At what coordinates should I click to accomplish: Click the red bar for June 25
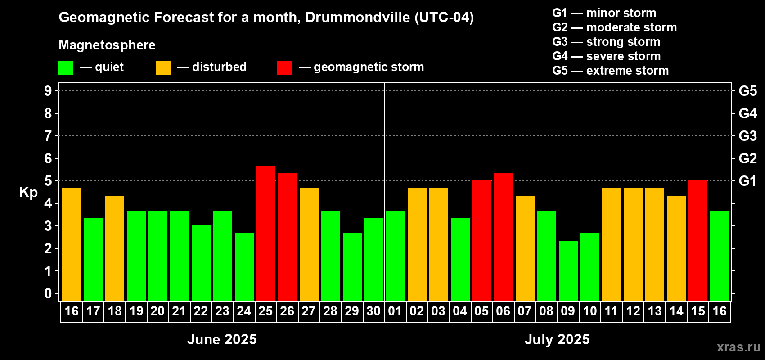pyautogui.click(x=265, y=233)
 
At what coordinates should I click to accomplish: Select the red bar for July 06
pyautogui.click(x=503, y=237)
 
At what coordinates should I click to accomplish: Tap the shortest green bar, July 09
pyautogui.click(x=568, y=270)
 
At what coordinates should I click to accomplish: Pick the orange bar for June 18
pyautogui.click(x=114, y=248)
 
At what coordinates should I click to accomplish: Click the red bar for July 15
pyautogui.click(x=697, y=240)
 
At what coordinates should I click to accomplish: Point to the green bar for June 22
pyautogui.click(x=201, y=263)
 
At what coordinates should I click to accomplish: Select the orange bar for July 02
pyautogui.click(x=417, y=244)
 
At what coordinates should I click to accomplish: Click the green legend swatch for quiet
pyautogui.click(x=66, y=68)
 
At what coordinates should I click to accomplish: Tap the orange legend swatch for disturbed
pyautogui.click(x=163, y=68)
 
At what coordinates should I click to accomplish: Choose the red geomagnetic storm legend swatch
pyautogui.click(x=284, y=68)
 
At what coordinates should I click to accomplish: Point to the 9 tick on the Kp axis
pyautogui.click(x=48, y=91)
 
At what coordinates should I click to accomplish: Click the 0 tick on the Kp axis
pyautogui.click(x=48, y=293)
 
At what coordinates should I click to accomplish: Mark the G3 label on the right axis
pyautogui.click(x=747, y=136)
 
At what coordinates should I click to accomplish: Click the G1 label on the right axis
pyautogui.click(x=747, y=181)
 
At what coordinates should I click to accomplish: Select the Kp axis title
pyautogui.click(x=28, y=192)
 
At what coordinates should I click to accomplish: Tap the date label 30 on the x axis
pyautogui.click(x=373, y=311)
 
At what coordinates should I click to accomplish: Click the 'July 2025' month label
pyautogui.click(x=557, y=339)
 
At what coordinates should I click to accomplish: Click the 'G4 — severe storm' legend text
pyautogui.click(x=606, y=56)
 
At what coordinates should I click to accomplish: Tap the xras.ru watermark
pyautogui.click(x=738, y=347)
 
